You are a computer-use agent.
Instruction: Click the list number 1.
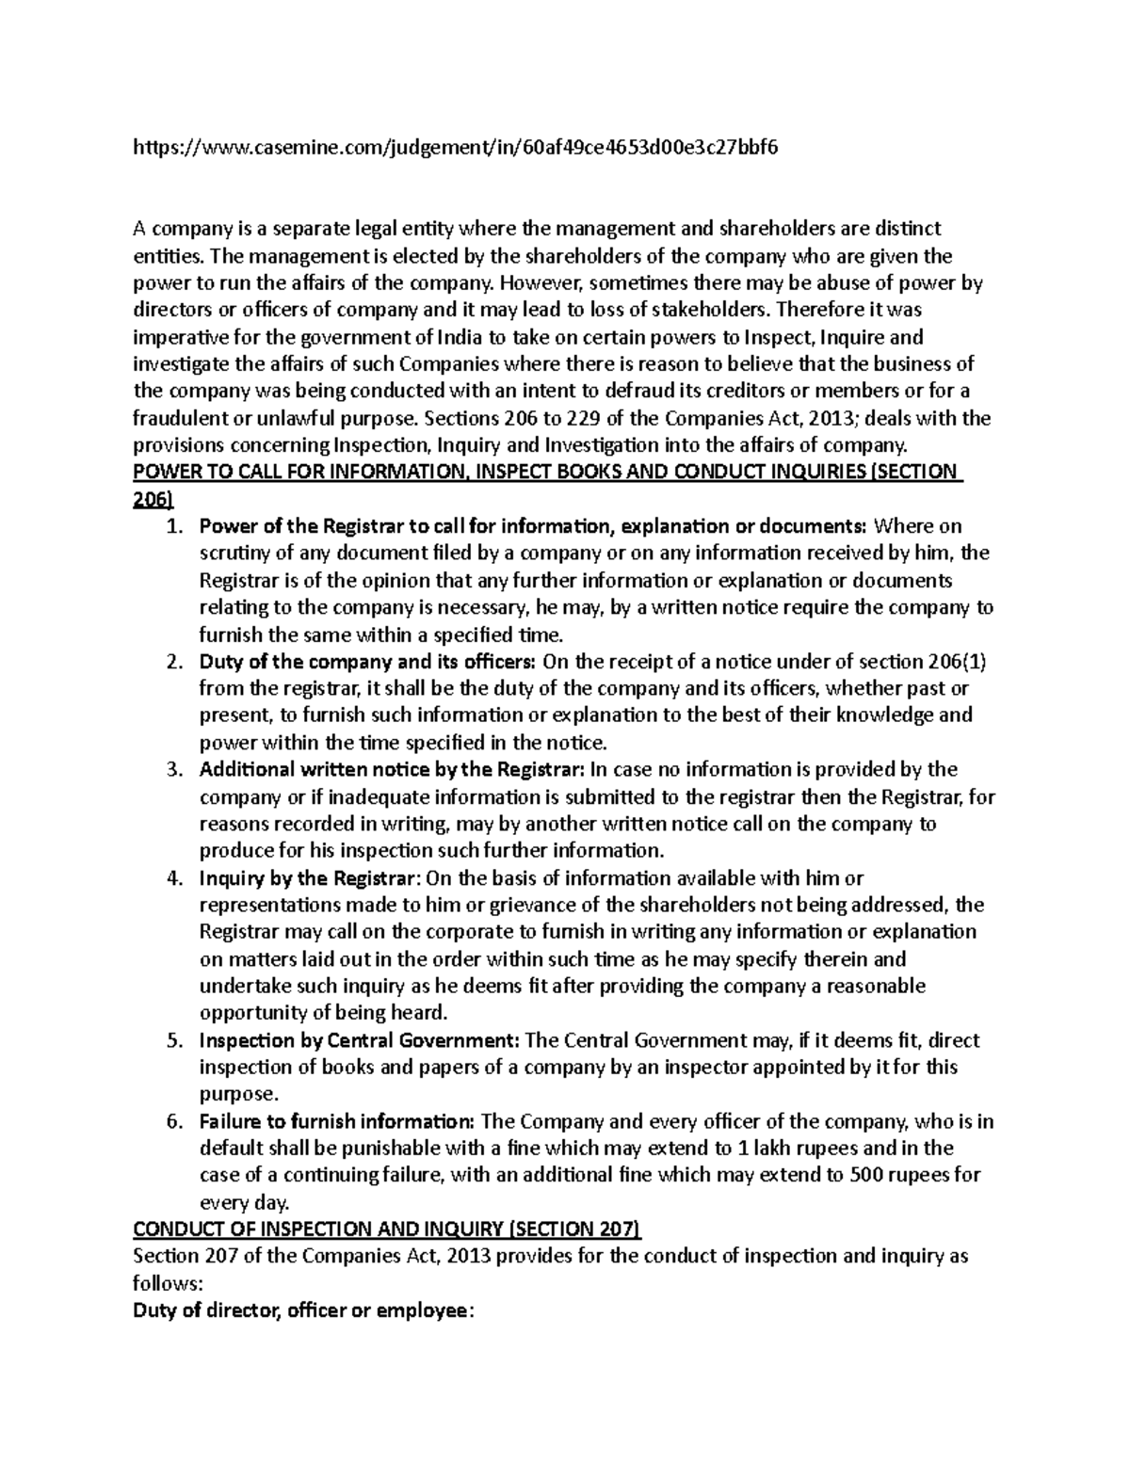[172, 525]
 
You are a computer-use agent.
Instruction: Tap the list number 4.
[172, 878]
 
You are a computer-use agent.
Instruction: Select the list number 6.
[172, 1122]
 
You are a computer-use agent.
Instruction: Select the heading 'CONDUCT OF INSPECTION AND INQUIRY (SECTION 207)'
[386, 1229]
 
